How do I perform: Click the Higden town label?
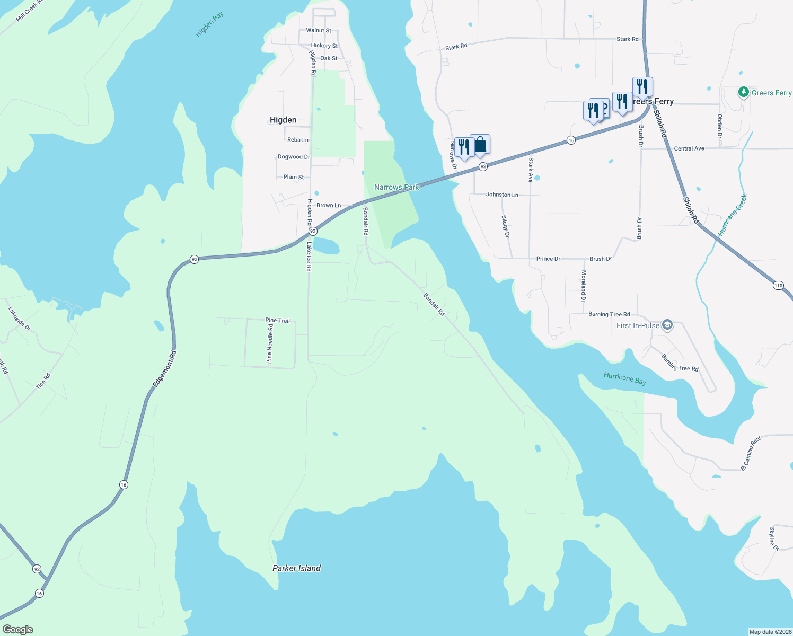[x=283, y=120]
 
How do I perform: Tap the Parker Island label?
[x=296, y=568]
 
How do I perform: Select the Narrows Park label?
[x=396, y=187]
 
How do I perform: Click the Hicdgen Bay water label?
[x=209, y=24]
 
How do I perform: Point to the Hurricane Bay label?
[x=625, y=378]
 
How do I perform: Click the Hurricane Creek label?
[x=733, y=215]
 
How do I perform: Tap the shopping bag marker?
[x=480, y=144]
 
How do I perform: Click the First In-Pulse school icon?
[x=667, y=325]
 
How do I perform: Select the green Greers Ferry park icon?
[x=743, y=93]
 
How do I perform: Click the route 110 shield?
[x=778, y=285]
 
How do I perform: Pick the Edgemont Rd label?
[x=164, y=368]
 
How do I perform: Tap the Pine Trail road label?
[x=278, y=320]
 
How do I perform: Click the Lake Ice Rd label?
[x=309, y=257]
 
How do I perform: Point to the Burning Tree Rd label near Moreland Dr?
[x=609, y=314]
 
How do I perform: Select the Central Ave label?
[x=689, y=148]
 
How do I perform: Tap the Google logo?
[x=18, y=629]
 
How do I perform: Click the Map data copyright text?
[x=770, y=632]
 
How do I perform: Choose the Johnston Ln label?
[x=502, y=195]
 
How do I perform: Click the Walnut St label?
[x=319, y=30]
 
